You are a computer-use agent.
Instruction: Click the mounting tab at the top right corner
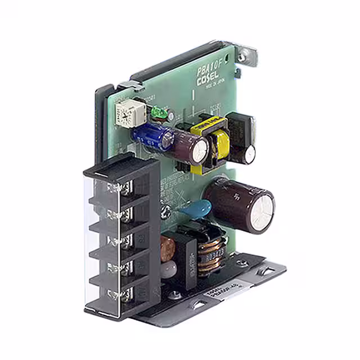(x=246, y=55)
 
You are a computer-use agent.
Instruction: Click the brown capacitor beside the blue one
(x=193, y=148)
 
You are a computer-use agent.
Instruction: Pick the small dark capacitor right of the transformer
(x=250, y=152)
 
